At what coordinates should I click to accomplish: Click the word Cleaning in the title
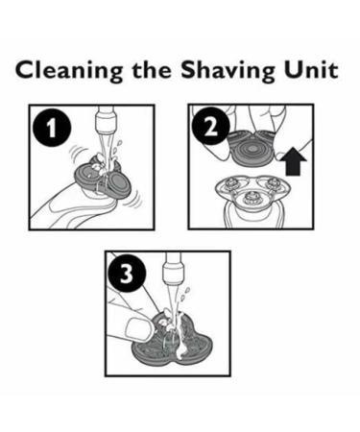tap(69, 71)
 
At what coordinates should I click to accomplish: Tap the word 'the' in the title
tap(152, 69)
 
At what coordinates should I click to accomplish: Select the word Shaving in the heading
tap(228, 71)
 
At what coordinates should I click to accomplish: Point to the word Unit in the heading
tap(311, 69)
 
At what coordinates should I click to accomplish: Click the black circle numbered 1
tap(52, 129)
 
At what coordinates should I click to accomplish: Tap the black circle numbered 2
tap(211, 127)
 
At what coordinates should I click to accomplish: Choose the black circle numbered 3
tap(128, 274)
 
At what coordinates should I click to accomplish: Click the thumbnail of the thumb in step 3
tap(138, 329)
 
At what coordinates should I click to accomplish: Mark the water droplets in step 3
tap(185, 294)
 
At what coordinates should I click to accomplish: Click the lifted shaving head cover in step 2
tap(252, 148)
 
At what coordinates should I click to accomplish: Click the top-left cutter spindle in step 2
tap(232, 183)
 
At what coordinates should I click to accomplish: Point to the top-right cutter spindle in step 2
tap(273, 183)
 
